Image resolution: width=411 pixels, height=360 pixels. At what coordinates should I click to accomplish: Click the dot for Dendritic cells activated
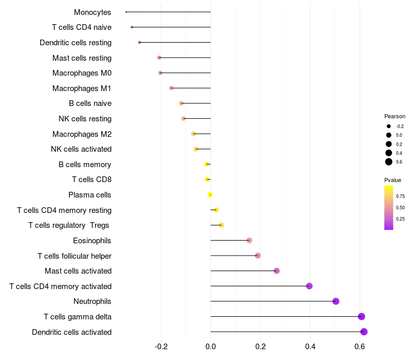(x=364, y=332)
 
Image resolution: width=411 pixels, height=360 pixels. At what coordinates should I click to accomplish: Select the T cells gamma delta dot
(x=362, y=316)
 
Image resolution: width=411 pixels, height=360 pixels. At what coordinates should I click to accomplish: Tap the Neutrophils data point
(x=336, y=301)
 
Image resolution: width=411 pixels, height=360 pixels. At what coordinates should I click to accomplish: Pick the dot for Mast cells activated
(x=276, y=271)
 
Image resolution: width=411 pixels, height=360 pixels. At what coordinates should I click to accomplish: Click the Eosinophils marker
(x=249, y=240)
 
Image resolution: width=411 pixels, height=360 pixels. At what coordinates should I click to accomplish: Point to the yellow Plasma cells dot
(x=210, y=194)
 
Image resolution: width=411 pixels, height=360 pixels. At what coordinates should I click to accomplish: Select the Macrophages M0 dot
(x=160, y=73)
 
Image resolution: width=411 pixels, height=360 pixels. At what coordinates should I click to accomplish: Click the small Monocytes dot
(x=126, y=12)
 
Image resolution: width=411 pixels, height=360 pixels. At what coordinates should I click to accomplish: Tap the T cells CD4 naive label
(x=82, y=27)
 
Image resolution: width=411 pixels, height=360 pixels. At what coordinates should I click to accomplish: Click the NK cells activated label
(x=81, y=149)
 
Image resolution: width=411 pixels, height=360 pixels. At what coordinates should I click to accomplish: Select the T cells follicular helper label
(x=74, y=256)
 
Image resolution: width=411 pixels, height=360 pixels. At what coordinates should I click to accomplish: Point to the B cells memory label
(x=85, y=165)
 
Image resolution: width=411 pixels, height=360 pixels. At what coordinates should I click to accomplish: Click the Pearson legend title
(x=395, y=116)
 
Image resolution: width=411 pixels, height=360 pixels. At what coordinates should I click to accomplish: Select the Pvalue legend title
(x=393, y=180)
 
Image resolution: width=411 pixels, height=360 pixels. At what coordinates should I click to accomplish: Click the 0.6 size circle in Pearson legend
(x=389, y=162)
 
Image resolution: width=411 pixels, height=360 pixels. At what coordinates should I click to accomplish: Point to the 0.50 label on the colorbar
(x=400, y=207)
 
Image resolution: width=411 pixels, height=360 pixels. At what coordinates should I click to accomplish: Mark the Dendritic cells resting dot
(x=139, y=42)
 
